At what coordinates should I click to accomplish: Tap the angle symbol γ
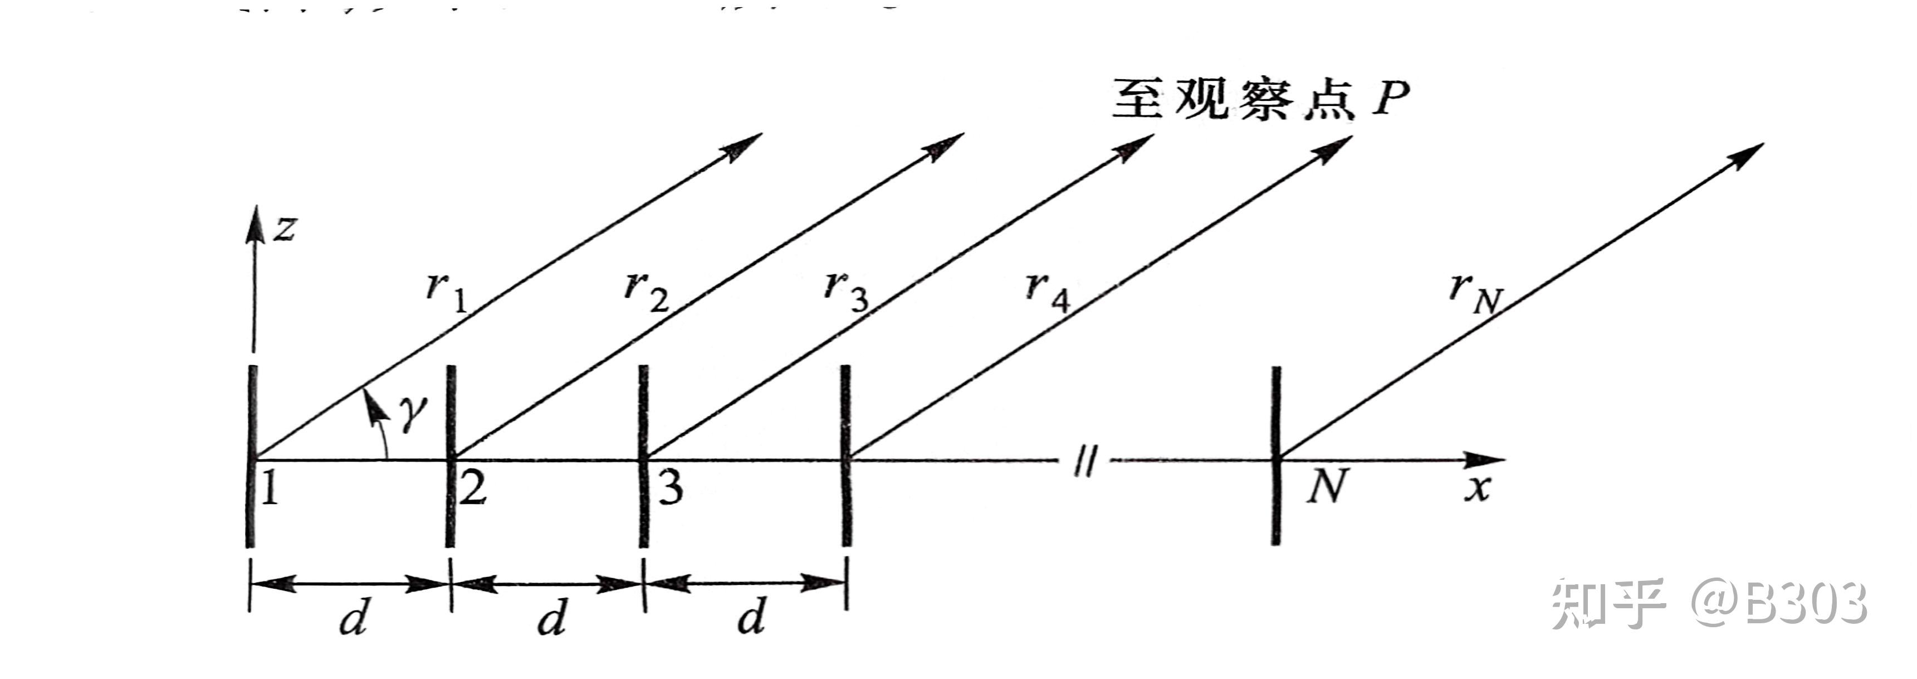click(412, 414)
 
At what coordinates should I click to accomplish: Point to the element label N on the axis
click(1327, 489)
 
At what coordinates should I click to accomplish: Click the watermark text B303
click(1804, 604)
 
